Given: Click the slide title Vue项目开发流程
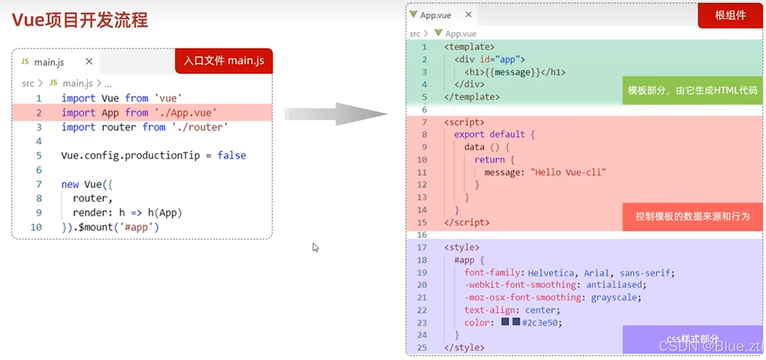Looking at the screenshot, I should point(79,20).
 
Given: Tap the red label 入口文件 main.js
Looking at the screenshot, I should point(224,61).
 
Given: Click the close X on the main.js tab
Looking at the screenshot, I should point(89,62).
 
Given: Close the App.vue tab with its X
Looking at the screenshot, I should point(468,14).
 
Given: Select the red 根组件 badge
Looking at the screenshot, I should point(730,15).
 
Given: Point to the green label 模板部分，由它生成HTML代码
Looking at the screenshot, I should point(692,91).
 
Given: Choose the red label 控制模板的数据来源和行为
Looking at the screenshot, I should point(692,217).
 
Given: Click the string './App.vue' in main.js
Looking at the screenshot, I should point(186,113).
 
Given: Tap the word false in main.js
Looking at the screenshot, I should point(232,155).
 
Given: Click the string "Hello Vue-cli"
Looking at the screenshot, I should point(568,172).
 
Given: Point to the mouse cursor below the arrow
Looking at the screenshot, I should point(315,247).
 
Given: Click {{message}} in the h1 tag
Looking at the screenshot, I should point(513,72).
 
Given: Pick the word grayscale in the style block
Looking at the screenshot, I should point(616,298).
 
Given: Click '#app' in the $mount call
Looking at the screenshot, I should point(136,227).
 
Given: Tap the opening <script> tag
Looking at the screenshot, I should point(464,122).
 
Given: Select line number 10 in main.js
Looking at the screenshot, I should point(36,227).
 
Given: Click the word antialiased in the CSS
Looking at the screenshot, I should point(614,285).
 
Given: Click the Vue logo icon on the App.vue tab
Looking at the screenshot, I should point(413,14).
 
